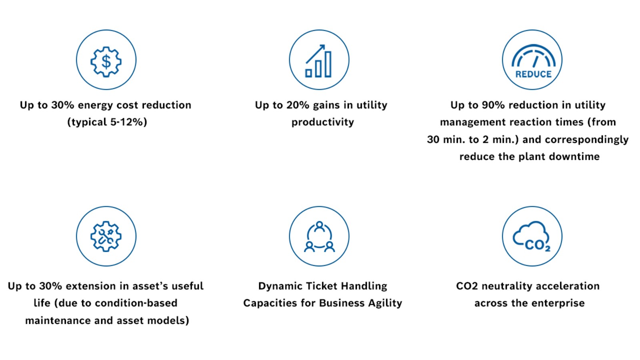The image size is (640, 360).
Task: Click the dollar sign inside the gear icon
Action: click(106, 62)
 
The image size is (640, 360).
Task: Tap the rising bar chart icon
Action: click(318, 61)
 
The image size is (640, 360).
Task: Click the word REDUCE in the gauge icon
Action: click(533, 74)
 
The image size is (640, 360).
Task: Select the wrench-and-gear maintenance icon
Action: click(106, 236)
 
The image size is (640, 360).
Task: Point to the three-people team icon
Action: click(319, 237)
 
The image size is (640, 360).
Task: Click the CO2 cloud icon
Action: click(532, 236)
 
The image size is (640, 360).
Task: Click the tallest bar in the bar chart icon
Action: click(328, 64)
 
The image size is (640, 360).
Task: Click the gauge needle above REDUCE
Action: click(536, 62)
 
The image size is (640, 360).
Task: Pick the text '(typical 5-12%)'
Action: click(107, 122)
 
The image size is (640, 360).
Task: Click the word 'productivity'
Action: click(322, 122)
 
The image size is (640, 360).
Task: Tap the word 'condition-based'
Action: click(136, 303)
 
